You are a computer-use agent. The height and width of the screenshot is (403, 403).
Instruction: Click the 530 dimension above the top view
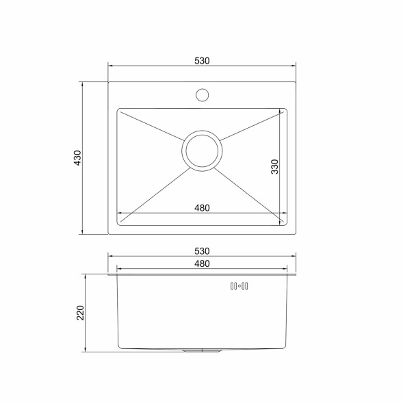click(202, 61)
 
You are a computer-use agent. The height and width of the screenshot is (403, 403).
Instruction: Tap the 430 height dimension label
click(77, 158)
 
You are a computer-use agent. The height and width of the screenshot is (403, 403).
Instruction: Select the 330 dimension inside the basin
click(274, 167)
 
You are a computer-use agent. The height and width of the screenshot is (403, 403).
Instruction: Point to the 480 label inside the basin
click(202, 208)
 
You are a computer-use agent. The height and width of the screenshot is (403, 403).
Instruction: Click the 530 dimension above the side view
click(202, 251)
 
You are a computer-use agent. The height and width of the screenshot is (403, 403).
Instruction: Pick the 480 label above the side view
click(202, 263)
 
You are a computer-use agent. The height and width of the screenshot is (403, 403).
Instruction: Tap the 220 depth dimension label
click(81, 313)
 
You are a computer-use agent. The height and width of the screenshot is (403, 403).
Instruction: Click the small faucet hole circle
click(203, 95)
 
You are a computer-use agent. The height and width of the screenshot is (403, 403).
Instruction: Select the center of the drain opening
click(202, 151)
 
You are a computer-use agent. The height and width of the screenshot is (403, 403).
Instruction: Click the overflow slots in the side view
click(239, 286)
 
